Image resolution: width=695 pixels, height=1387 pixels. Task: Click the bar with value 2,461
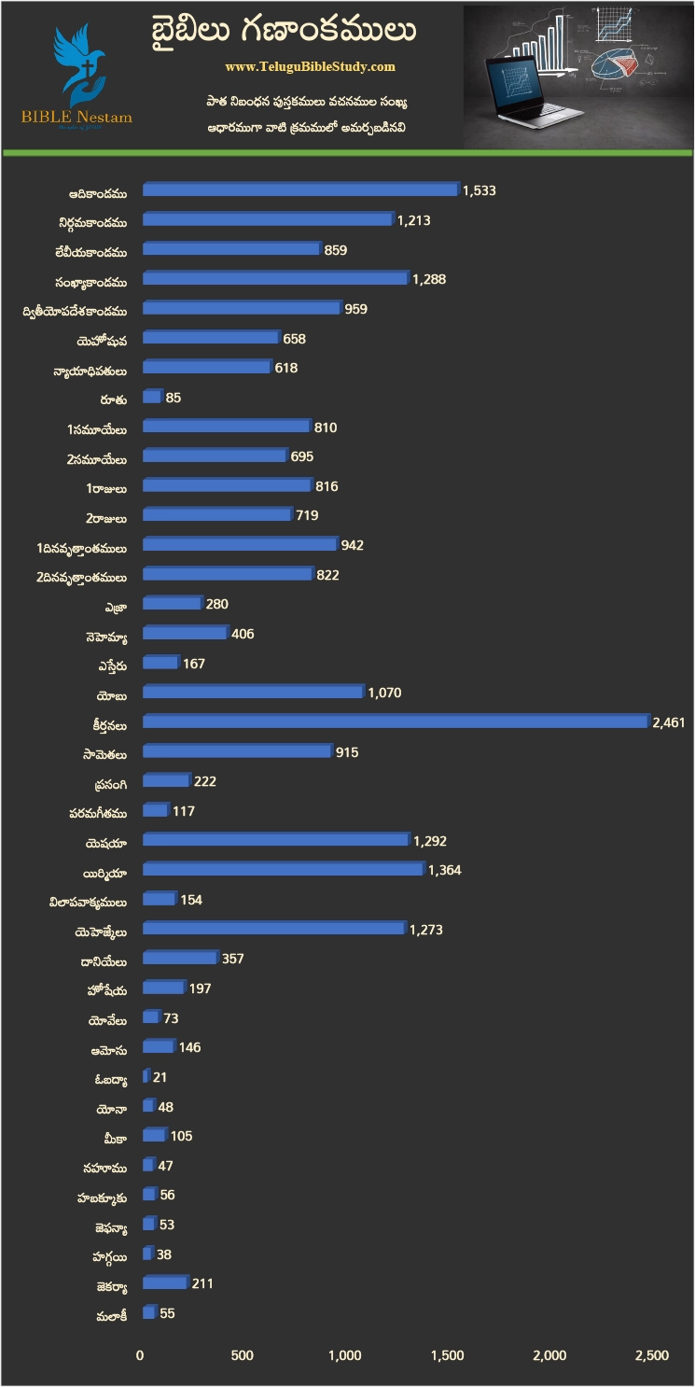tap(395, 722)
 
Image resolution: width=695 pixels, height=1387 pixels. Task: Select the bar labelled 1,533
tap(300, 190)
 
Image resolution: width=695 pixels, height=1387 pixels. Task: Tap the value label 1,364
tap(444, 870)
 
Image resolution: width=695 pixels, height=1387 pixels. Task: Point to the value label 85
tap(173, 398)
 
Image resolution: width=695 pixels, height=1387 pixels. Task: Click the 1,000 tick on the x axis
tap(345, 1355)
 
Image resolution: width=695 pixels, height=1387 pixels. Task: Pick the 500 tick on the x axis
tap(243, 1355)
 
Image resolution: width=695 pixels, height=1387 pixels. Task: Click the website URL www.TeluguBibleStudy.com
tap(310, 67)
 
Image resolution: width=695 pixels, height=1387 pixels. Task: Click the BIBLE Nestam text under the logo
tap(77, 118)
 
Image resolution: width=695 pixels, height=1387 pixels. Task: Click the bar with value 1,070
tap(252, 693)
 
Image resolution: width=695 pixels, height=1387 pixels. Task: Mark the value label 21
tap(160, 1077)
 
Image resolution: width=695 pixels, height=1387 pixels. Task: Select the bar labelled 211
tap(165, 1283)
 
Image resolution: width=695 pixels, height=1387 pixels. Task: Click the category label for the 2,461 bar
tap(109, 722)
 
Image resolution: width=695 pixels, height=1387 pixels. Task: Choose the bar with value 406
tap(184, 634)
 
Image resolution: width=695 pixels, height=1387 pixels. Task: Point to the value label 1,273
tap(425, 930)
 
